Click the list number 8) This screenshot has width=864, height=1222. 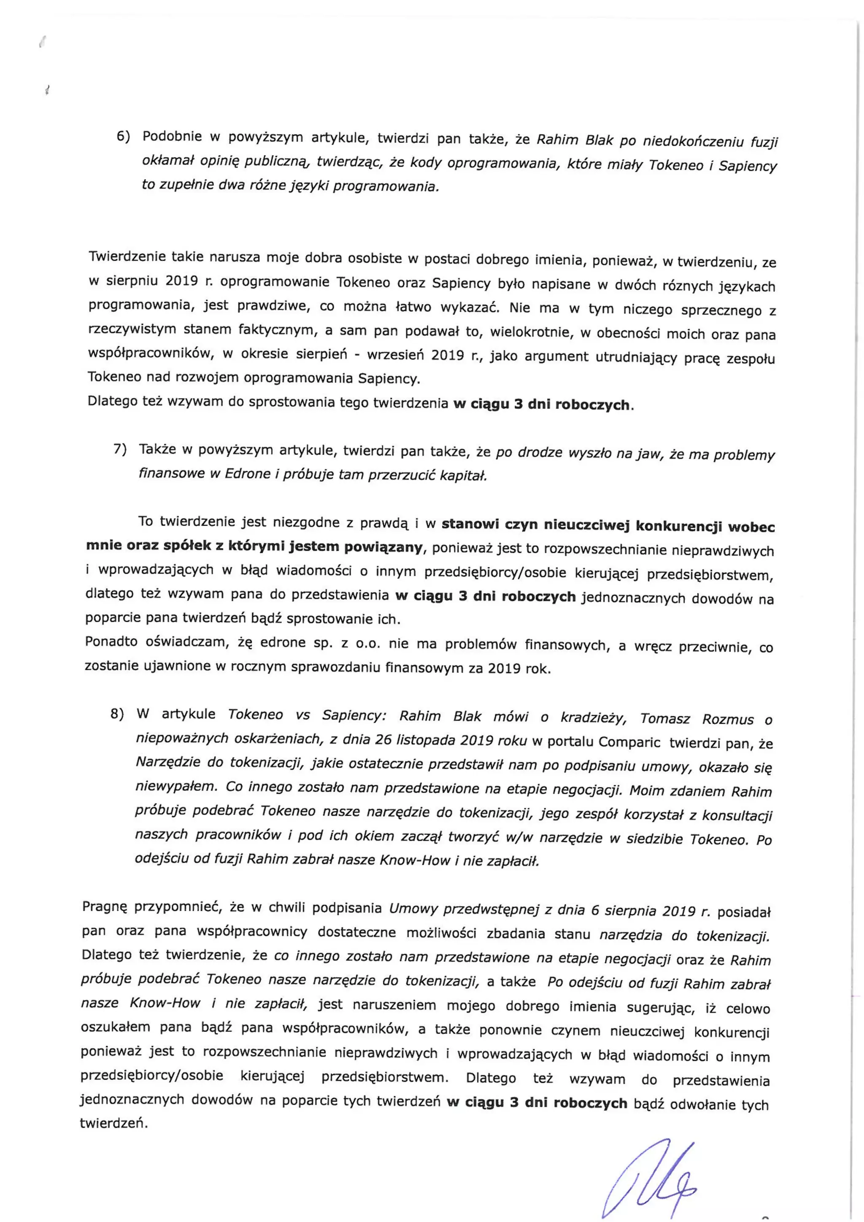117,714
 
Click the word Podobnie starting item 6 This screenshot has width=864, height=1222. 172,136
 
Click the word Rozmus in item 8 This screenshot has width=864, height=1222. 728,720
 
